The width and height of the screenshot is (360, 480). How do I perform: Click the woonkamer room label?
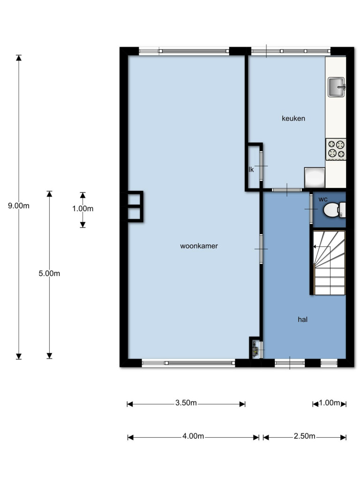199,246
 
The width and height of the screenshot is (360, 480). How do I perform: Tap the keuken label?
293,119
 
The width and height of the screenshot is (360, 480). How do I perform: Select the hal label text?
302,320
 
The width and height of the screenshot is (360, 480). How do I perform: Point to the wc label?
323,200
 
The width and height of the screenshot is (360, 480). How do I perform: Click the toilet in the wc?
334,210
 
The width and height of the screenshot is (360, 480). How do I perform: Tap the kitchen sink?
336,87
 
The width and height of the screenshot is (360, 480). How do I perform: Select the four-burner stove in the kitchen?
336,149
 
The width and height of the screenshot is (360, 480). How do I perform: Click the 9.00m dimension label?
19,206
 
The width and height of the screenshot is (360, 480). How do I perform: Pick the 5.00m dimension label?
49,273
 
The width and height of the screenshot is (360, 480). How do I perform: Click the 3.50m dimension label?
186,403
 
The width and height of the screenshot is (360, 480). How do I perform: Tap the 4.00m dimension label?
193,436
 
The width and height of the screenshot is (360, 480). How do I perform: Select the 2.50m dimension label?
304,436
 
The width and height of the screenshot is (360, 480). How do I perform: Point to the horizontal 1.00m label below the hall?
330,403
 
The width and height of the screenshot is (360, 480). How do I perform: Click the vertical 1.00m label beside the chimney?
82,209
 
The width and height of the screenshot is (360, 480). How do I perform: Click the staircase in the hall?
329,262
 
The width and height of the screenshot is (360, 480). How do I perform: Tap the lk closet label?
251,170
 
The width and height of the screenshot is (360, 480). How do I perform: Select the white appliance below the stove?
315,178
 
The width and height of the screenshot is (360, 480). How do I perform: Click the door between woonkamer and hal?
261,249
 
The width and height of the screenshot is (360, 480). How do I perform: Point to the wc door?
311,209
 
